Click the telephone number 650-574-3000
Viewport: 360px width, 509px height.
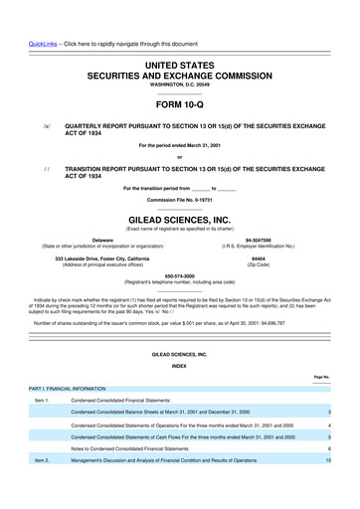(x=180, y=276)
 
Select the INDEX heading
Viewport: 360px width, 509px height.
(x=180, y=366)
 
